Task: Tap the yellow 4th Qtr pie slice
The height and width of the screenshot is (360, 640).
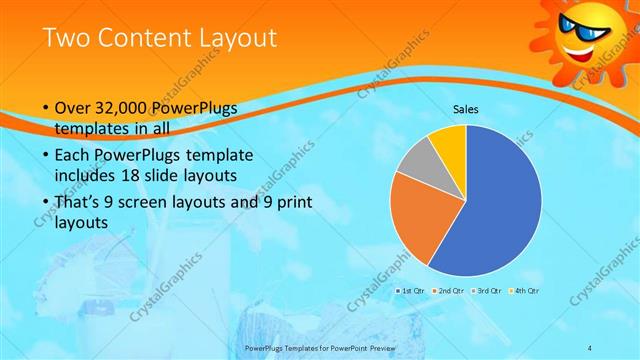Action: pyautogui.click(x=448, y=141)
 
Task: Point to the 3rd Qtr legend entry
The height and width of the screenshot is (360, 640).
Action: pyautogui.click(x=486, y=290)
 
